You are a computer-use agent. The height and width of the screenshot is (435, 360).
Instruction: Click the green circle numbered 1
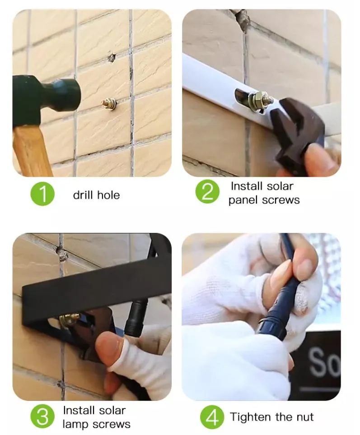tap(42, 194)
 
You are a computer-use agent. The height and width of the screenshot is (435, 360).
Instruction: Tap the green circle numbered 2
tap(207, 191)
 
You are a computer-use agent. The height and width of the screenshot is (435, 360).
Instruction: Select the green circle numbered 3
tap(42, 416)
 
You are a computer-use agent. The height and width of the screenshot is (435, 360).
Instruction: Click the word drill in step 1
tap(83, 195)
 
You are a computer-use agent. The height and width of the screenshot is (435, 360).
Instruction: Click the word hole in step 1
tap(108, 195)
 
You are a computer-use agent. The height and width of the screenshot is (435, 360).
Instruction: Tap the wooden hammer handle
tap(32, 151)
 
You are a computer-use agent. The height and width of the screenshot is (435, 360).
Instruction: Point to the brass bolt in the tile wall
tap(109, 104)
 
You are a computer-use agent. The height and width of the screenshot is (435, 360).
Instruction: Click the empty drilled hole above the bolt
tap(112, 58)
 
